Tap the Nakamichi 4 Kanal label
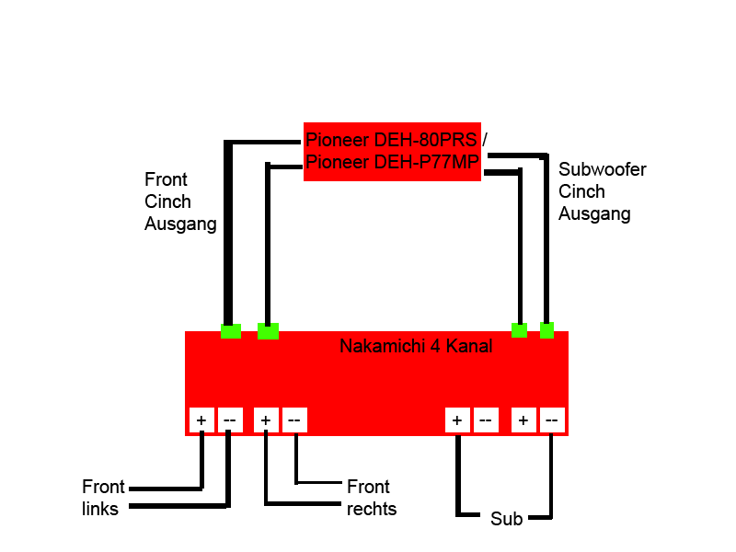coord(416,347)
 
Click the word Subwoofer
coord(603,170)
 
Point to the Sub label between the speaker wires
coord(506,520)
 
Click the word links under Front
coord(100,508)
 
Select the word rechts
coord(372,509)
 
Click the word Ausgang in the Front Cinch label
coord(180,224)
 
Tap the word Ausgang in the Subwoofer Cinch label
coord(594,214)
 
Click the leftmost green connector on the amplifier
coord(231,330)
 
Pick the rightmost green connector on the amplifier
coord(546,330)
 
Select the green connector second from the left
coord(268,331)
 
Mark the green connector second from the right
coord(519,330)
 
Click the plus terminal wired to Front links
coord(201,420)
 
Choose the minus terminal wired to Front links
coord(229,420)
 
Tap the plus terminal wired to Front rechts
coord(265,420)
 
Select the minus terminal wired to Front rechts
coord(294,420)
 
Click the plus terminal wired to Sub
coord(457,420)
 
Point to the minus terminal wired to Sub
coord(551,420)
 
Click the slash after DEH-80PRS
coord(485,140)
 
